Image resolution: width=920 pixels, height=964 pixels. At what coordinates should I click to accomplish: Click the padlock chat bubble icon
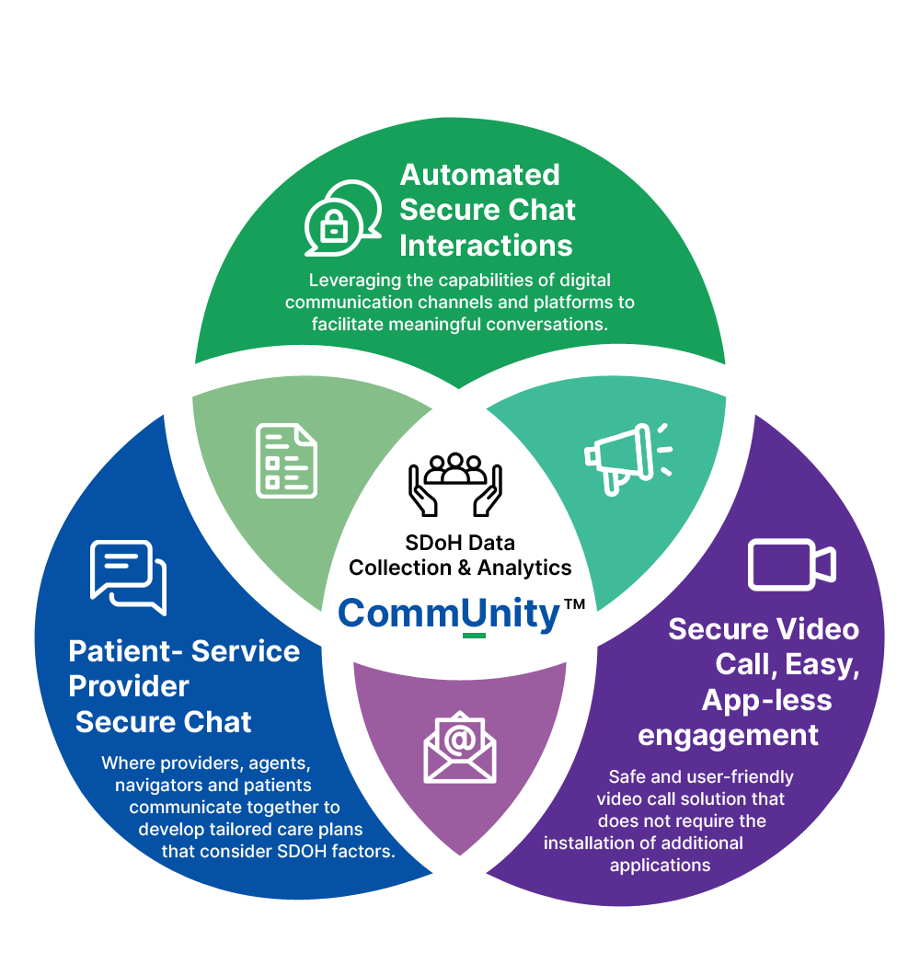tap(342, 218)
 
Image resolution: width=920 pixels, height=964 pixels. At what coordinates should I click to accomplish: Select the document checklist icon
tap(286, 461)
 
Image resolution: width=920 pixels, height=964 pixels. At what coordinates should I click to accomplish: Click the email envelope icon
tap(460, 746)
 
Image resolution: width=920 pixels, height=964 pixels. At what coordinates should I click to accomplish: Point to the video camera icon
tap(791, 564)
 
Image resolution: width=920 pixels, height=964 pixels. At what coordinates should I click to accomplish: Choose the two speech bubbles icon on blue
tap(128, 577)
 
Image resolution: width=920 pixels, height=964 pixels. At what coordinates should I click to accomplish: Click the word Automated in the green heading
tap(479, 175)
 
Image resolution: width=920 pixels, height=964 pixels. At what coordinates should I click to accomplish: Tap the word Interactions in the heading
tap(486, 246)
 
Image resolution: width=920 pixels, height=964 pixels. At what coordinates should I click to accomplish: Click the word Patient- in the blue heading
tap(125, 651)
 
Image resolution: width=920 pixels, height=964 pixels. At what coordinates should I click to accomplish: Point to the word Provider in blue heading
tap(129, 686)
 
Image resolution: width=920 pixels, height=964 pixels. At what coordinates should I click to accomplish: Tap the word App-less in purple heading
tap(766, 700)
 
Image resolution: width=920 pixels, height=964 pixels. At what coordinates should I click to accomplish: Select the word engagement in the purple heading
tap(728, 735)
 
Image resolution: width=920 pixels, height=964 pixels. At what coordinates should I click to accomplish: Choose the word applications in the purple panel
tap(660, 865)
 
